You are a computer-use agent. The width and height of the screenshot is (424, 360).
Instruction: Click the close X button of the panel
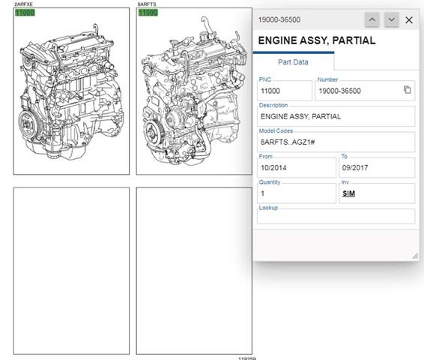[409, 19]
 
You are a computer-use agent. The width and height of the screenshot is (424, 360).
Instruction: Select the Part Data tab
[293, 62]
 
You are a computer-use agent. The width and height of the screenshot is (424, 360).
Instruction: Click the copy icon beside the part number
[408, 89]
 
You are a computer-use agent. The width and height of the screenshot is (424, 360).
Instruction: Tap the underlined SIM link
[348, 193]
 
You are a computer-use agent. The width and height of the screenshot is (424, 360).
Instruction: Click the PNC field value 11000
[270, 91]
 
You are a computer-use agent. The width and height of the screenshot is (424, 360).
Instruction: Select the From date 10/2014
[273, 168]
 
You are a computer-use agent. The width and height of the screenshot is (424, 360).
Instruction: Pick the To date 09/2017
[355, 168]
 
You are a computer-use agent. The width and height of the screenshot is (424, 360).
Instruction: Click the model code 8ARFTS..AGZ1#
[288, 142]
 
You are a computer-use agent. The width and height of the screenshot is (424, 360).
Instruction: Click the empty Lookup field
[336, 216]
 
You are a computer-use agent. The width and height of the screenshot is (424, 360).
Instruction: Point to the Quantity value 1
[263, 193]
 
